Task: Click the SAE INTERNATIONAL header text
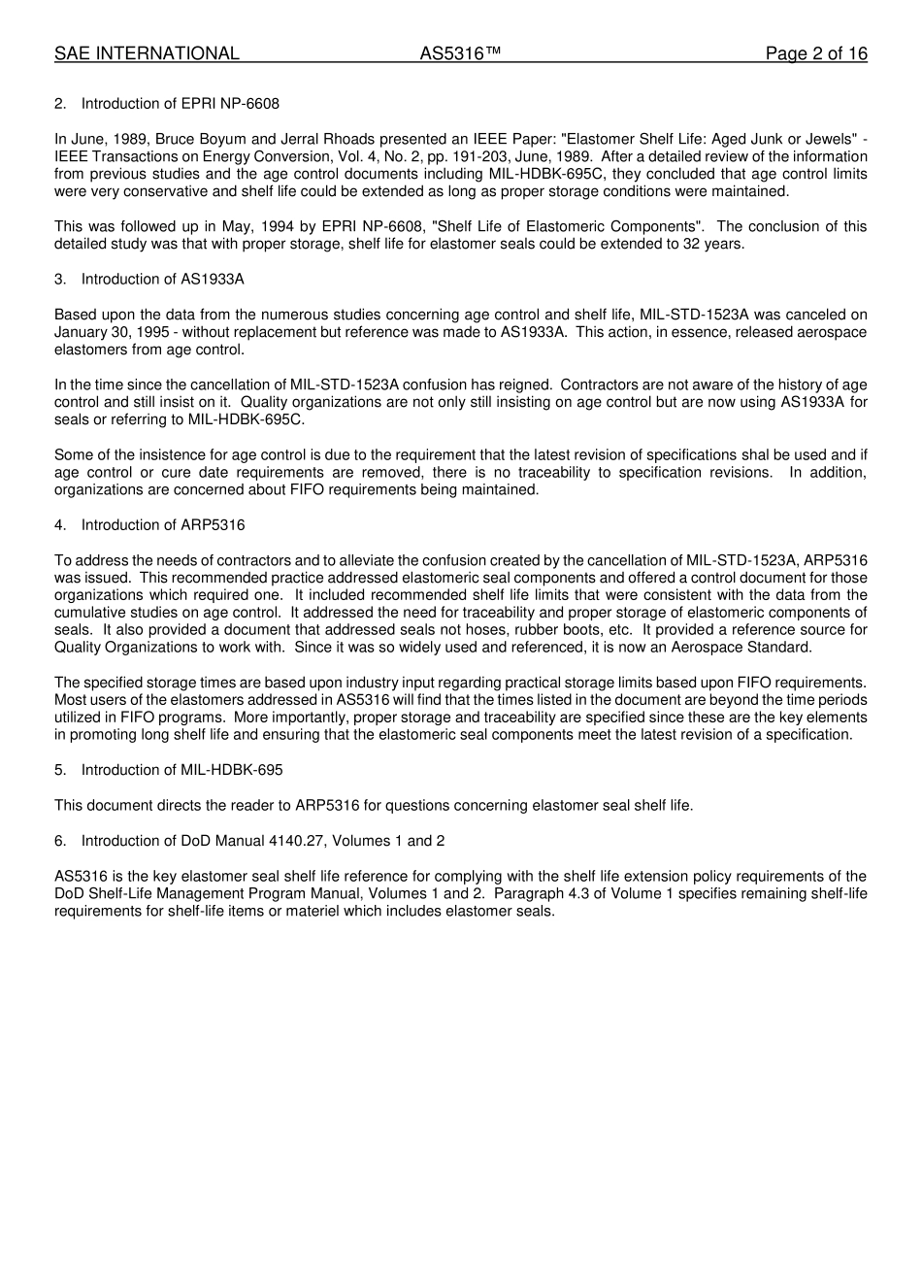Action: [147, 54]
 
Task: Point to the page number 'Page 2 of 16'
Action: [816, 54]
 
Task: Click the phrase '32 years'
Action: [717, 244]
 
